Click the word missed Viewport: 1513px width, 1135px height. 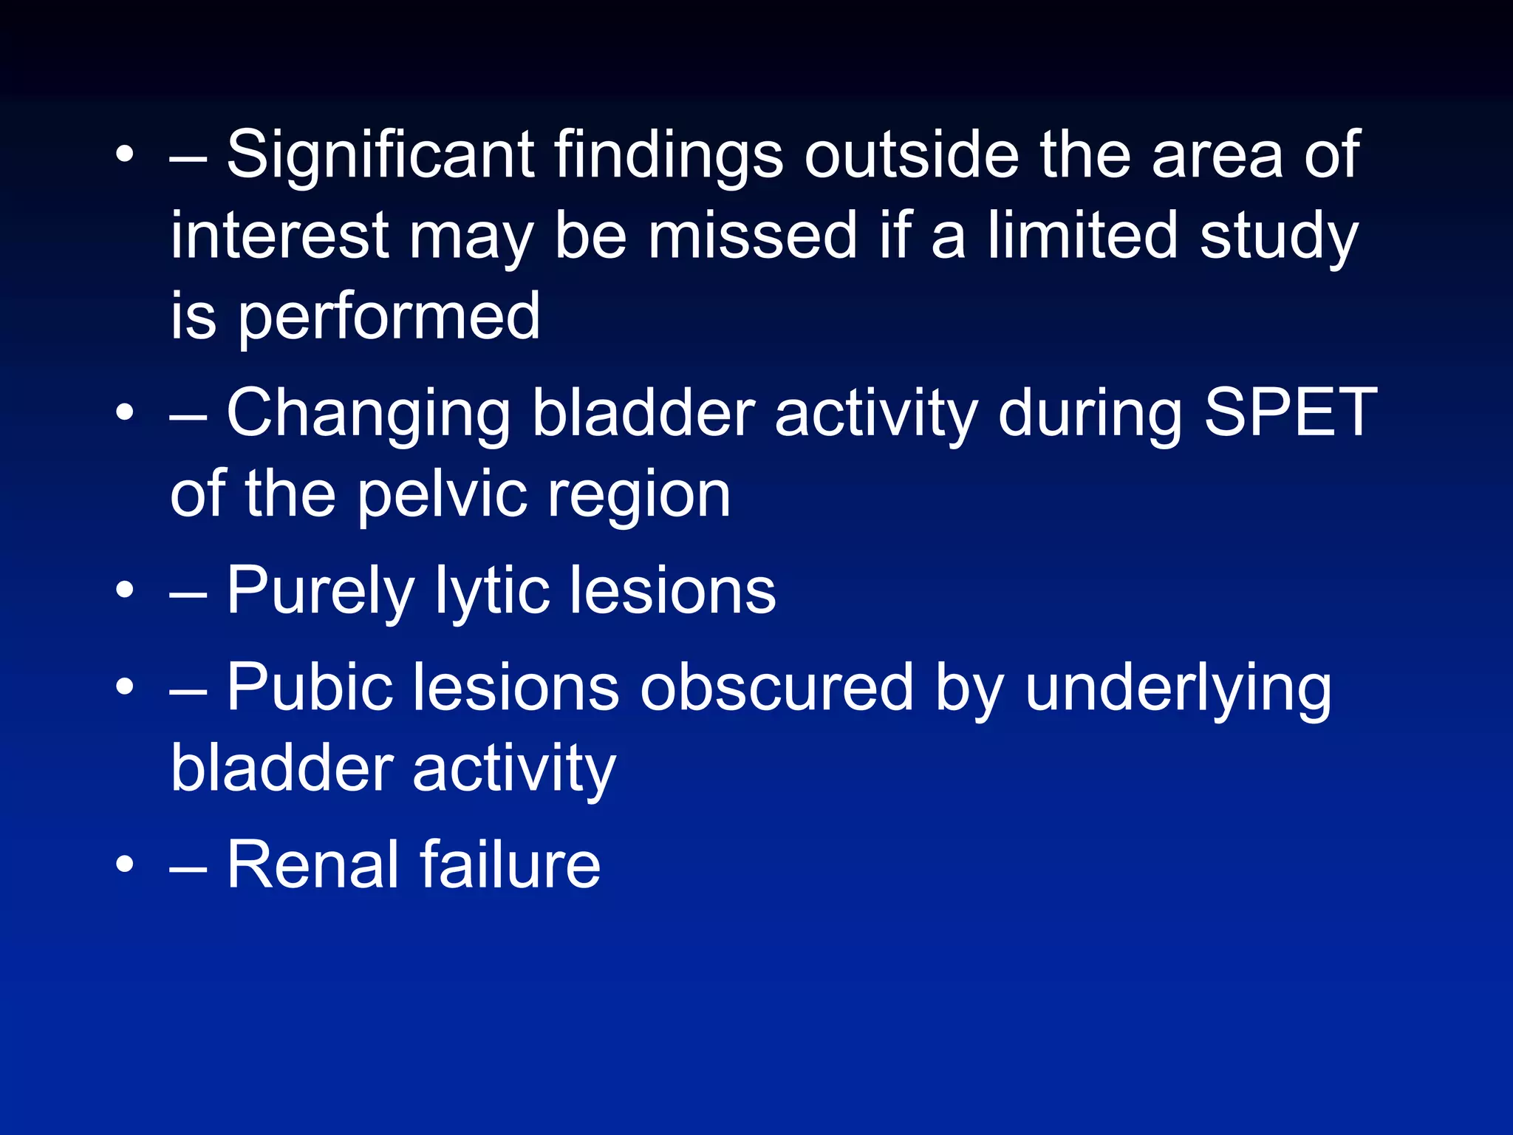click(x=752, y=236)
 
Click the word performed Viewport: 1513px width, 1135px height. click(x=389, y=318)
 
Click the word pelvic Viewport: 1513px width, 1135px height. click(x=442, y=495)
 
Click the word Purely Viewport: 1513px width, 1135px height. click(x=320, y=592)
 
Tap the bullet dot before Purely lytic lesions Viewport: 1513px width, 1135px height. click(x=125, y=590)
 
